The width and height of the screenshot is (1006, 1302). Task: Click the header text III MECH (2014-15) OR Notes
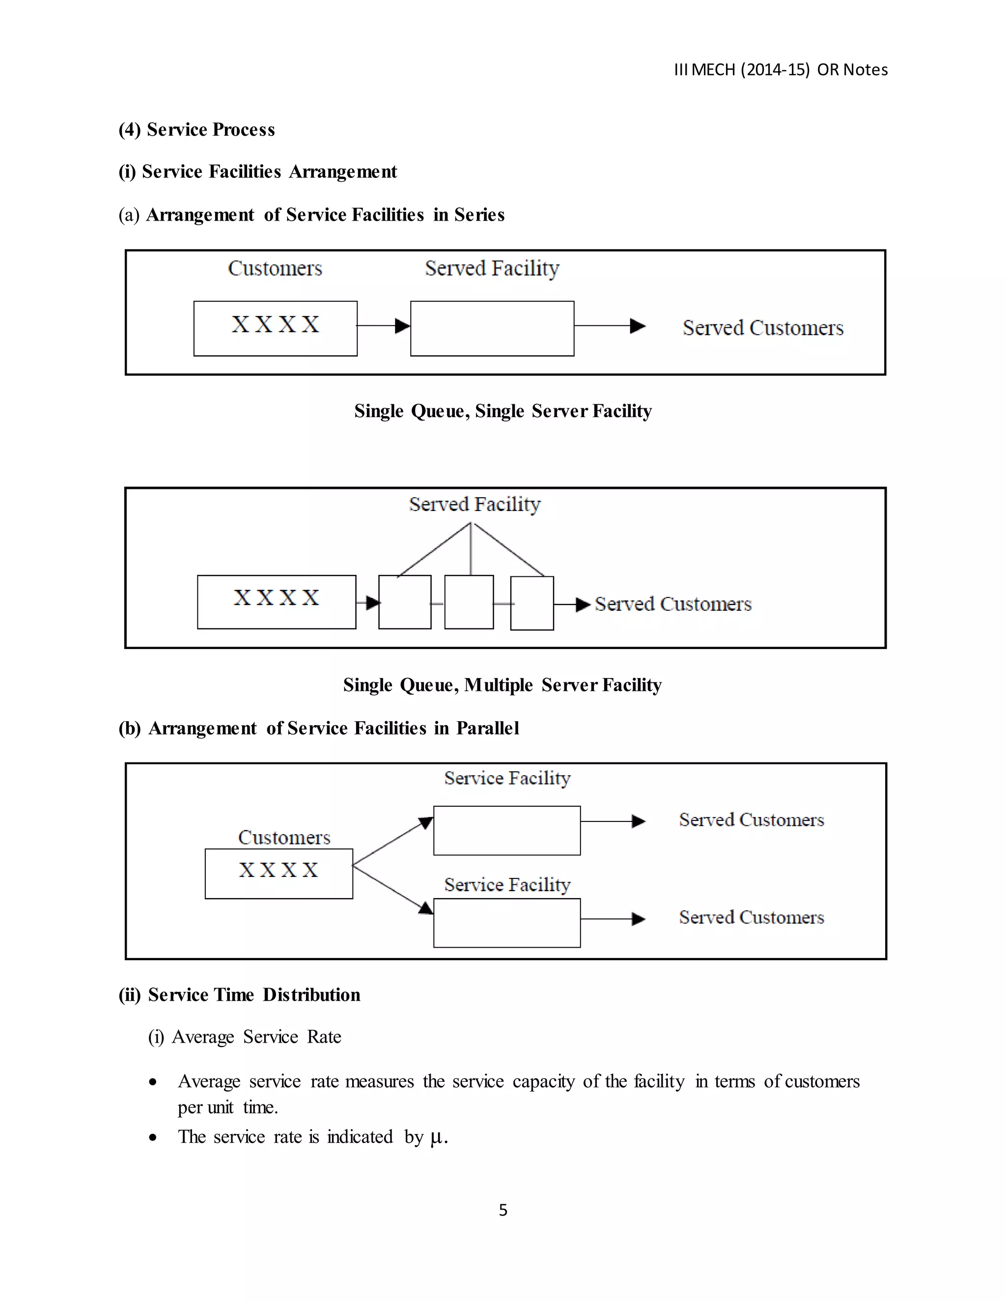tap(780, 70)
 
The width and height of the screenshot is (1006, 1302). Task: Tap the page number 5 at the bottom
tap(503, 1210)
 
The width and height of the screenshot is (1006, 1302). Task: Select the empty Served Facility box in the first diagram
tap(492, 329)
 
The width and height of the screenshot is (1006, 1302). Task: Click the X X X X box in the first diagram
tap(276, 329)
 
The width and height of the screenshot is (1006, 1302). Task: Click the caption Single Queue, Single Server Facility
tap(503, 411)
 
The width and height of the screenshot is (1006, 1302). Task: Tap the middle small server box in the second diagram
tap(469, 602)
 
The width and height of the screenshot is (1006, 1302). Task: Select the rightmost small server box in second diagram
tap(532, 603)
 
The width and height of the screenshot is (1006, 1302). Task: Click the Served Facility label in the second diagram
tap(475, 505)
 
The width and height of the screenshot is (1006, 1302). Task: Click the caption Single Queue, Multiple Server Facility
tap(503, 685)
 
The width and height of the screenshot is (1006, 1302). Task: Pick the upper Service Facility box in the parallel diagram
tap(506, 830)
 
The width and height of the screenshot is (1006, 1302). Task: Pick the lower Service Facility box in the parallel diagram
tap(506, 923)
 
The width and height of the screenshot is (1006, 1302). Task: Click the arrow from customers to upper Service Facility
tap(392, 841)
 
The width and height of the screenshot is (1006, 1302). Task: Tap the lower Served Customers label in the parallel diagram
tap(751, 917)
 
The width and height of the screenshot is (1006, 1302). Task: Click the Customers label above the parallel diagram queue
tap(284, 838)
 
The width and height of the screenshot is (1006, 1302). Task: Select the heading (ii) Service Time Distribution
tap(240, 995)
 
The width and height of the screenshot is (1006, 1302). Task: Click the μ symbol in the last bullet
tap(436, 1137)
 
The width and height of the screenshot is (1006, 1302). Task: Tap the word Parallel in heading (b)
tap(487, 729)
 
